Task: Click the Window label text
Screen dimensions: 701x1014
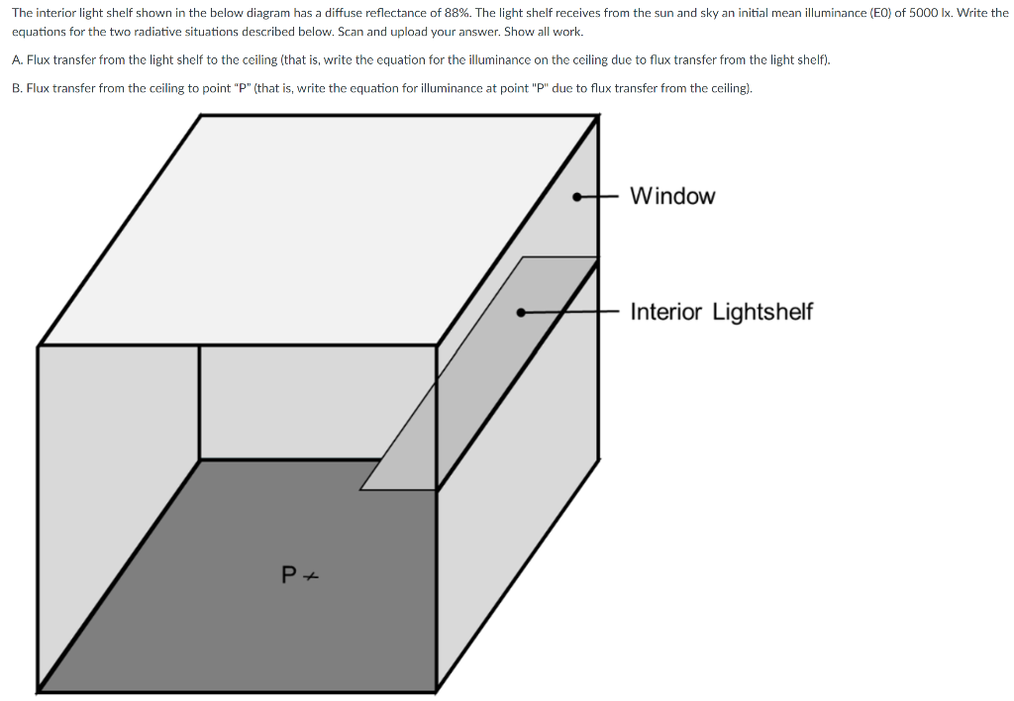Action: tap(671, 196)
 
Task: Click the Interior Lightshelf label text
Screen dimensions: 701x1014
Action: tap(721, 312)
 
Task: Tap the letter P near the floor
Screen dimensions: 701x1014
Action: tap(288, 574)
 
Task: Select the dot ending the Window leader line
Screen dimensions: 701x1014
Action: tap(577, 196)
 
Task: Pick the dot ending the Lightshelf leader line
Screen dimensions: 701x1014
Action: tap(520, 312)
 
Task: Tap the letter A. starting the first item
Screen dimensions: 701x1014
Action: tap(17, 59)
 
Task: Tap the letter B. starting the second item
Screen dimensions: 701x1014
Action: tap(17, 88)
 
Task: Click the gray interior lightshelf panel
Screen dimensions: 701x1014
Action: tap(475, 376)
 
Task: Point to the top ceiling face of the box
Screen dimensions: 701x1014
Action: tap(317, 228)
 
